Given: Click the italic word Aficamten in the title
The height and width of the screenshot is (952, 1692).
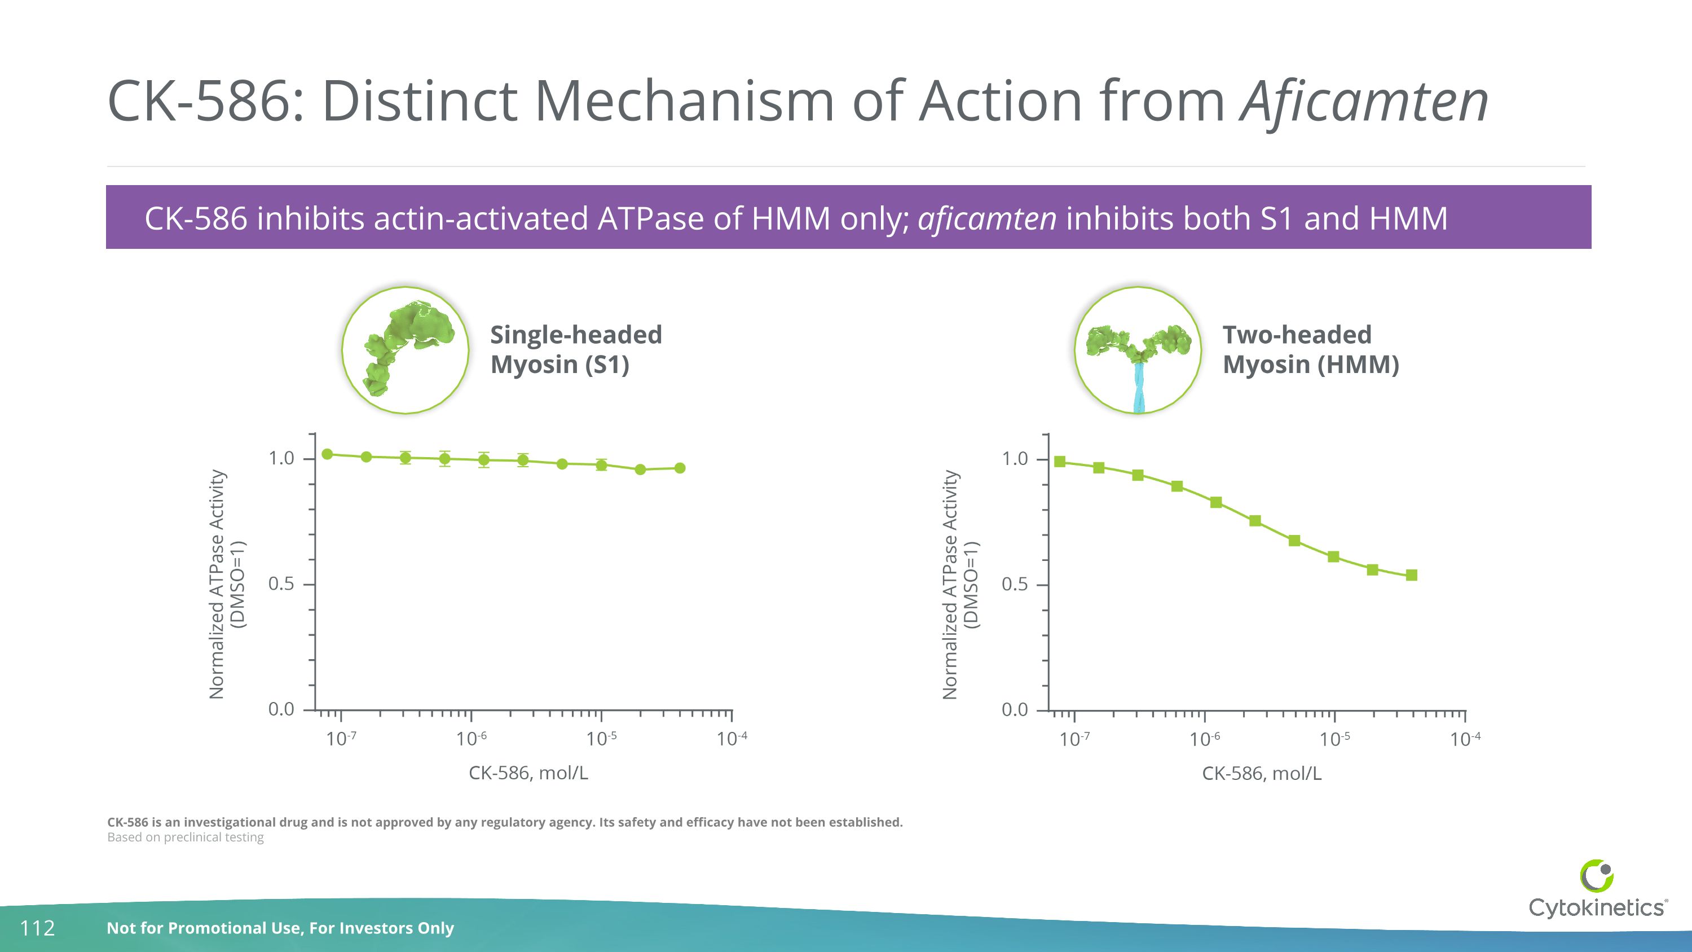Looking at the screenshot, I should point(1364,102).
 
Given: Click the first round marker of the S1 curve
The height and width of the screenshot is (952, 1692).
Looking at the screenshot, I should point(327,454).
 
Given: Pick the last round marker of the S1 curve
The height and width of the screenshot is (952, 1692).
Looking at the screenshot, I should point(680,468).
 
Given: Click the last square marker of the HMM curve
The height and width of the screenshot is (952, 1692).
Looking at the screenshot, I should point(1412,576).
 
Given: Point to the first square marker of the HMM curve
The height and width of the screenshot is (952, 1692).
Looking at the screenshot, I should point(1059,462).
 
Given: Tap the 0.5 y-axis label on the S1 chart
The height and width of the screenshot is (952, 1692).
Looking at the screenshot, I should point(281,584).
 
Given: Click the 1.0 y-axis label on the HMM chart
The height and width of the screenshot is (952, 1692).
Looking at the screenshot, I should point(1014,459).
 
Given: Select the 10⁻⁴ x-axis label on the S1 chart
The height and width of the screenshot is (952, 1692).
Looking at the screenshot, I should point(731,739).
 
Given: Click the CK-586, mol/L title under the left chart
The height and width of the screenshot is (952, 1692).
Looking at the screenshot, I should point(528,773).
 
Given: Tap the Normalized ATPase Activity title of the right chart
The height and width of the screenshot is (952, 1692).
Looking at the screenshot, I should point(950,584).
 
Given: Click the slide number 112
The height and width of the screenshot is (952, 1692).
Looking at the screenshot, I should point(37,928).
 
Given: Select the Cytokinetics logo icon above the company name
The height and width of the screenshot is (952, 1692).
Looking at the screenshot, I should point(1596,876).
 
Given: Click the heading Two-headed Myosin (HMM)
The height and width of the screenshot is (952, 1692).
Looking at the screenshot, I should point(1310,349).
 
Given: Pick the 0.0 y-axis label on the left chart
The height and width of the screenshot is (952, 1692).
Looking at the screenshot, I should point(281,709).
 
